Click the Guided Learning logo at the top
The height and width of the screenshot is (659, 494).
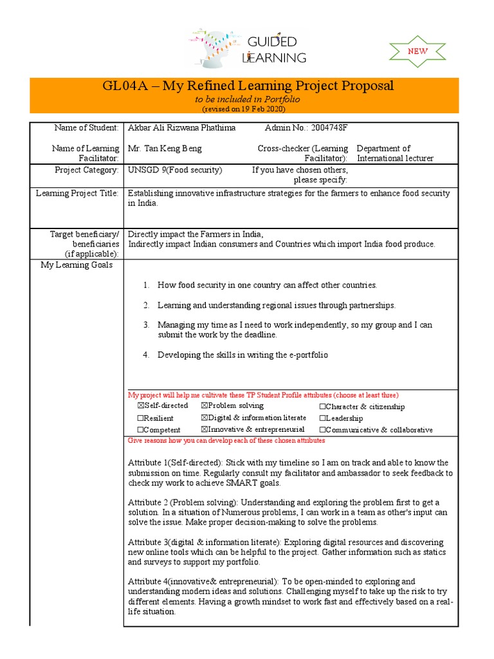(247, 48)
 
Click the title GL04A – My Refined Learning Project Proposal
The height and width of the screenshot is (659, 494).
(247, 86)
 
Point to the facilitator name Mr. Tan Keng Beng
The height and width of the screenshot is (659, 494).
(165, 149)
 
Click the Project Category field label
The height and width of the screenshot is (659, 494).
(87, 170)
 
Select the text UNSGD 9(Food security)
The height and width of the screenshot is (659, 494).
(175, 170)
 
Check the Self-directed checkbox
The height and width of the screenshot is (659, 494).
(140, 406)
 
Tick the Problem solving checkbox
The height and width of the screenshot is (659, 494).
(205, 406)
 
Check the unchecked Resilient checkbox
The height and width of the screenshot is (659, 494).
(140, 418)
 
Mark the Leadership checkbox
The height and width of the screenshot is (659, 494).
(323, 418)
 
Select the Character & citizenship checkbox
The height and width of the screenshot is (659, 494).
(323, 407)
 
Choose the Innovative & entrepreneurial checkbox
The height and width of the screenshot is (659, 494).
(205, 429)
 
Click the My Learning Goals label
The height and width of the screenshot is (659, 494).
(77, 265)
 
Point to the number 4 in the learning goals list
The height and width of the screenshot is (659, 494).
(146, 355)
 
